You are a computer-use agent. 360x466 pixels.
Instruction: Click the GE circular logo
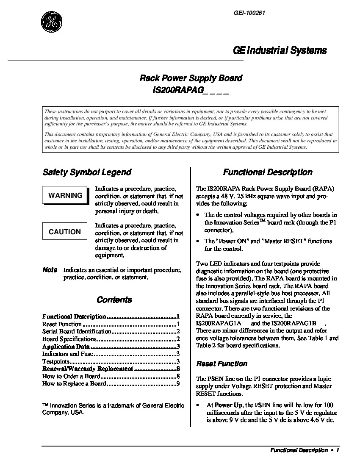[52, 22]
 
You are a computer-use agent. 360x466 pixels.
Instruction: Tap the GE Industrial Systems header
[280, 50]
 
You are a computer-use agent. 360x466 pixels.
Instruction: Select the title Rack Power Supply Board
[191, 78]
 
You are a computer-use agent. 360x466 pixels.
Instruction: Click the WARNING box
[65, 195]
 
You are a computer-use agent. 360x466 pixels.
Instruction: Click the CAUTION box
[65, 232]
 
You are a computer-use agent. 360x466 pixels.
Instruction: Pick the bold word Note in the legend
[50, 270]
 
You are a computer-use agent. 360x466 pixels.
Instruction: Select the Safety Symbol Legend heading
[87, 172]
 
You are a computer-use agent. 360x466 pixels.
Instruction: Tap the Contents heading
[114, 300]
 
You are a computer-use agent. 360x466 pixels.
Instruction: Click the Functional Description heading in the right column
[268, 172]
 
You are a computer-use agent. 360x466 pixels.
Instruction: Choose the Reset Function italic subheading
[222, 364]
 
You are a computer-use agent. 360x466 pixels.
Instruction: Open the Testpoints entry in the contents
[55, 361]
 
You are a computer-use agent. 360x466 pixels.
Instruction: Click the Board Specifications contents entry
[69, 339]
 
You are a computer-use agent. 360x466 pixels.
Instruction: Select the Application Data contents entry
[66, 347]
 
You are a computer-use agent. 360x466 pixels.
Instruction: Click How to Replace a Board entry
[74, 384]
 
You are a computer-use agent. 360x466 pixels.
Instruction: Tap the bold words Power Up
[229, 405]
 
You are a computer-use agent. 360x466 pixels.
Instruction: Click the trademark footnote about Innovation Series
[113, 409]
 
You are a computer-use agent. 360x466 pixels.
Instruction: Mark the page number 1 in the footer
[338, 451]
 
